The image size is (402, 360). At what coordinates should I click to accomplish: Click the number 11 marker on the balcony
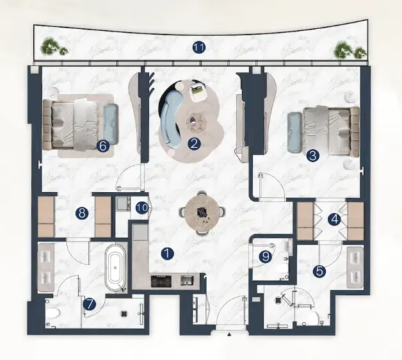click(x=199, y=47)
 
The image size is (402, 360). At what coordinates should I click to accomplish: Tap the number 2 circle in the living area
click(x=194, y=143)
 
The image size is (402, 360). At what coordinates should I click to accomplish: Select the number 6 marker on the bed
click(x=102, y=146)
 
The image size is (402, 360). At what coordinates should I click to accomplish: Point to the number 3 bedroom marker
click(x=313, y=155)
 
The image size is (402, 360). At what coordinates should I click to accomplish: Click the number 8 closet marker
click(x=82, y=213)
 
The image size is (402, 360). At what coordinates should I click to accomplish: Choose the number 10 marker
click(x=142, y=208)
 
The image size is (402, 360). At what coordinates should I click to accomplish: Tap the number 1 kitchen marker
click(x=167, y=254)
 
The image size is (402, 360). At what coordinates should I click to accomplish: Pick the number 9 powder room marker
click(x=266, y=256)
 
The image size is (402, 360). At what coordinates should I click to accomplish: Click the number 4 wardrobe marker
click(x=335, y=220)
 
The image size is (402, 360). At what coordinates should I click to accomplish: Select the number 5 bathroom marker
click(x=319, y=271)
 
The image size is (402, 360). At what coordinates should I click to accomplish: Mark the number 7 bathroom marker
click(x=90, y=304)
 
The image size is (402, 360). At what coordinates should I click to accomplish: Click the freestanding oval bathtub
click(x=116, y=267)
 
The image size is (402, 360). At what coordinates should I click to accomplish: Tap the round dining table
click(x=202, y=212)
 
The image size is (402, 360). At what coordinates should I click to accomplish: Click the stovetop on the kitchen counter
click(x=161, y=281)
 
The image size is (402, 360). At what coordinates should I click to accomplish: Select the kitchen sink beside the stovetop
click(x=187, y=280)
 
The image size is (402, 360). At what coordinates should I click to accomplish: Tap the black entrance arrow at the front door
click(x=229, y=334)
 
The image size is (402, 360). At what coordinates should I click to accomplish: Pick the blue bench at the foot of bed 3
click(x=295, y=132)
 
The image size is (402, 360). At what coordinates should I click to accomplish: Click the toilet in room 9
click(x=282, y=268)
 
